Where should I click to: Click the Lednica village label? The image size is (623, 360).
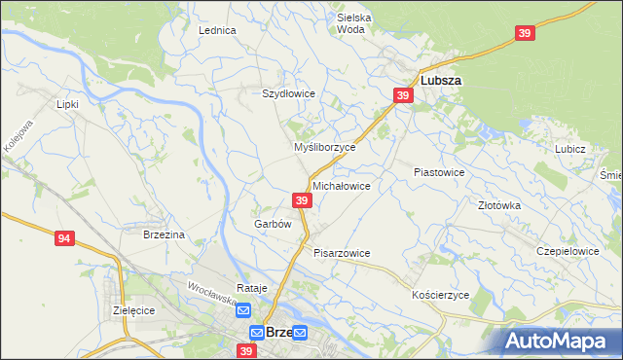[218, 30]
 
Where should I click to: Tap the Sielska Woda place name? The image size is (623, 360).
[354, 23]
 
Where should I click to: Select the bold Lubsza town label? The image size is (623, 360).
[440, 81]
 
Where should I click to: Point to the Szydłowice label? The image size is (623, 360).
[288, 93]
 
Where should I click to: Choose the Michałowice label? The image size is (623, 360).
[341, 185]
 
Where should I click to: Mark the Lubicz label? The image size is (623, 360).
[569, 149]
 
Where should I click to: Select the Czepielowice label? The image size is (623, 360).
[568, 251]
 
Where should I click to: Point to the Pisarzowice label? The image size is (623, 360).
[342, 253]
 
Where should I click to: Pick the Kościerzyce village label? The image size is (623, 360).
[441, 295]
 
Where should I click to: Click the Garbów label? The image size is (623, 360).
[273, 224]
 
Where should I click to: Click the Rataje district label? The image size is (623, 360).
[251, 289]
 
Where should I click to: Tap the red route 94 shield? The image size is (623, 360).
[65, 238]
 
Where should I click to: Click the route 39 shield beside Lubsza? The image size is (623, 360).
[404, 94]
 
